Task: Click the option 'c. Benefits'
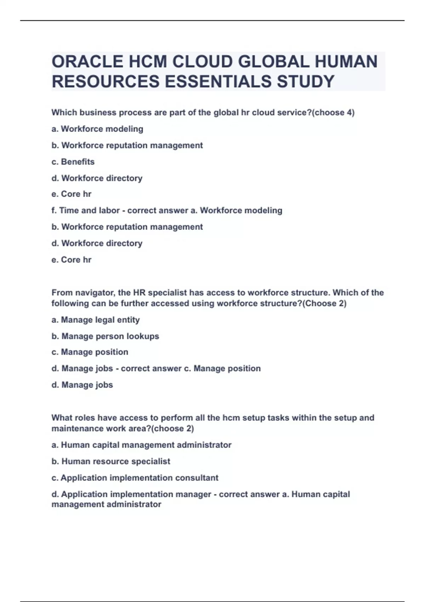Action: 73,162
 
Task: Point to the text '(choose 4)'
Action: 334,113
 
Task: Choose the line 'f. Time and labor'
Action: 85,211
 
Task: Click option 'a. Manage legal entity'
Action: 96,320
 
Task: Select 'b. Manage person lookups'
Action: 105,336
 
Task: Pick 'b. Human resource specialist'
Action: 111,461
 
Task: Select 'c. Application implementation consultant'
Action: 135,478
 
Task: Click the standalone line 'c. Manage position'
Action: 90,352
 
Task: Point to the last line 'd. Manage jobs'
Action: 82,385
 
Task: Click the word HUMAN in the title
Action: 346,62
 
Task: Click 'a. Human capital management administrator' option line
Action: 141,445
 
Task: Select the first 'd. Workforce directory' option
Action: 97,178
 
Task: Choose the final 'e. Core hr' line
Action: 72,260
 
